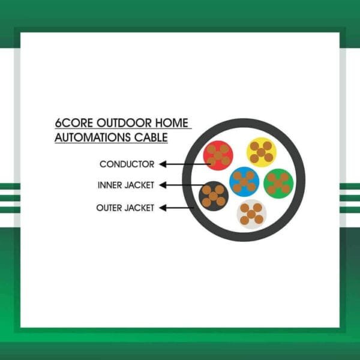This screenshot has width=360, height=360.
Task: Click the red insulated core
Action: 218,155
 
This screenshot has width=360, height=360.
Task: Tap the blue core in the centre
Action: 244,181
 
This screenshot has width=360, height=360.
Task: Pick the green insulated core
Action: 278,183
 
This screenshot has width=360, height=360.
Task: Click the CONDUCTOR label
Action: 127,164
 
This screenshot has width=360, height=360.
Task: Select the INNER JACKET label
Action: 125,185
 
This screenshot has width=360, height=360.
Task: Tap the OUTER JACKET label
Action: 125,208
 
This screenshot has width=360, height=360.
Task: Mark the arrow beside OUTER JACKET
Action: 175,208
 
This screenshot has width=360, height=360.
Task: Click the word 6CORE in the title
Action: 70,124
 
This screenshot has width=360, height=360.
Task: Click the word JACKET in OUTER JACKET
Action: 139,208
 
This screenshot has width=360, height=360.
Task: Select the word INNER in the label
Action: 109,185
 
